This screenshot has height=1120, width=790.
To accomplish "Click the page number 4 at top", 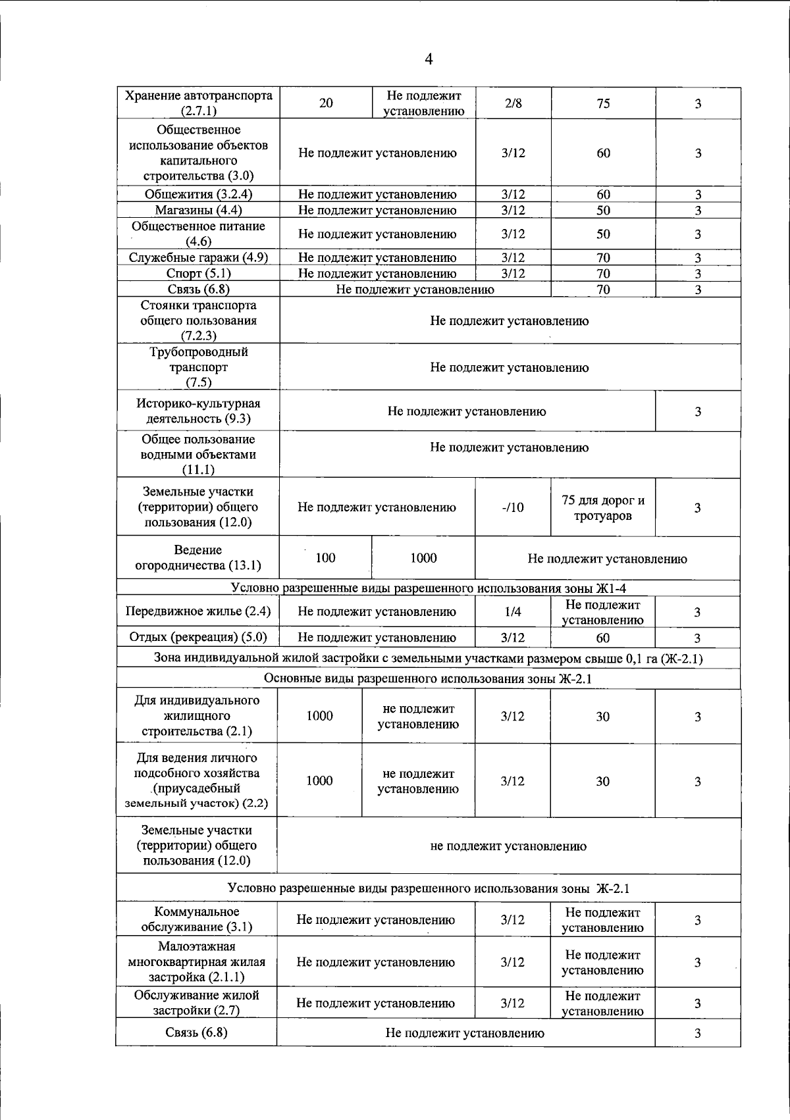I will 429,59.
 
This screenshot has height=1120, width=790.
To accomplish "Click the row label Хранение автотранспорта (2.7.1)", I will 198,103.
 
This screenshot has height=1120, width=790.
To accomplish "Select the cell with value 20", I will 326,103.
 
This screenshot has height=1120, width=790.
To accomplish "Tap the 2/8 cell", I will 513,103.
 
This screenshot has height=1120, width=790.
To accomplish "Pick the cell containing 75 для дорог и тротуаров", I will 603,508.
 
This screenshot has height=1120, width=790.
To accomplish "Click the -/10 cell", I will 513,507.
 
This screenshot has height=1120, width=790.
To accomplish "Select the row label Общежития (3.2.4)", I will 198,194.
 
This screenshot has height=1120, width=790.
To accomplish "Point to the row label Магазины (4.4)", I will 198,211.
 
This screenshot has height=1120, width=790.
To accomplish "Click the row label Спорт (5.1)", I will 198,274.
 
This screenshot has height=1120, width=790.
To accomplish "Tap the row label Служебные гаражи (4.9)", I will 198,258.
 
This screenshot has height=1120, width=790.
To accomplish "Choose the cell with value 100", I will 325,558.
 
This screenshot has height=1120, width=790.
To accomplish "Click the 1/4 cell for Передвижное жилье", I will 513,612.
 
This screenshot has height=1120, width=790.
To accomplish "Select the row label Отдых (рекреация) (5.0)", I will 198,637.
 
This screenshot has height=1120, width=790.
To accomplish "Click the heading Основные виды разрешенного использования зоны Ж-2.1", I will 428,678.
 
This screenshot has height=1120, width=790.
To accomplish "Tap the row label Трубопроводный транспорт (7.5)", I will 198,367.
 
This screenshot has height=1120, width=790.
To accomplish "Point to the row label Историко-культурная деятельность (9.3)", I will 198,411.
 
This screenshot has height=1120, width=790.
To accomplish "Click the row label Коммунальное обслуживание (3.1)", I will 197,919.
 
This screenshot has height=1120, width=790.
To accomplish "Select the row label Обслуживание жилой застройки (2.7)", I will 197,1003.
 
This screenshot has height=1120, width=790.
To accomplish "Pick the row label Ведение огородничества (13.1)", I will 198,558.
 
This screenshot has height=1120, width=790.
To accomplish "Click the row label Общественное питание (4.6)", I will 198,234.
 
